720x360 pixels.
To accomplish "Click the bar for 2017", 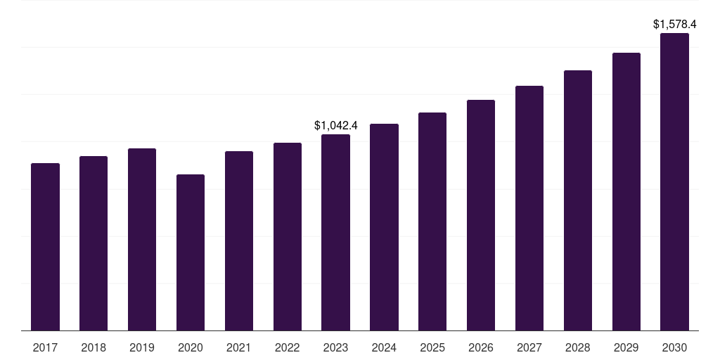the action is click(x=45, y=247).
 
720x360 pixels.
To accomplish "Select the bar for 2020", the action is click(x=191, y=252).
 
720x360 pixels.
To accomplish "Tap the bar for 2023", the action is click(x=335, y=232).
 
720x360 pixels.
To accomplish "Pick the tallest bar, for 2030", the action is click(x=674, y=182).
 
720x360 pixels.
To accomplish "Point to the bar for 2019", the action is click(x=142, y=240).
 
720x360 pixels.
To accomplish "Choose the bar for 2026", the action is click(x=481, y=215).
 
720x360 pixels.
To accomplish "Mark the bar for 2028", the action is click(x=578, y=200).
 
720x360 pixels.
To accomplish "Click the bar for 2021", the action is click(x=239, y=241).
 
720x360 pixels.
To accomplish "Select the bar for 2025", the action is click(x=432, y=221).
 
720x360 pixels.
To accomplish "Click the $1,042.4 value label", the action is click(x=335, y=125).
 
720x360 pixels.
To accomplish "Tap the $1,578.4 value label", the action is click(x=674, y=25).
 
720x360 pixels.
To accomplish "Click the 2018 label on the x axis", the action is click(x=94, y=347).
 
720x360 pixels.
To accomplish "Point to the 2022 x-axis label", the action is click(x=288, y=347).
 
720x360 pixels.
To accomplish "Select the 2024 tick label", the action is click(x=384, y=347).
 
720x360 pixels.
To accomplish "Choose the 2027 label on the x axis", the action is click(x=529, y=347).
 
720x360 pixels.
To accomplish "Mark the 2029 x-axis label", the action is click(x=626, y=347).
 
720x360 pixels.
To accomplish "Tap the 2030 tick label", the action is click(x=674, y=347).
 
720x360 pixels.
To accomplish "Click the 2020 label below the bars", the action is click(x=191, y=347).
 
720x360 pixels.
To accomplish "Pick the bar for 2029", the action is click(x=626, y=192).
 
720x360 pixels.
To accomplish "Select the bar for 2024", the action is click(x=384, y=227).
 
